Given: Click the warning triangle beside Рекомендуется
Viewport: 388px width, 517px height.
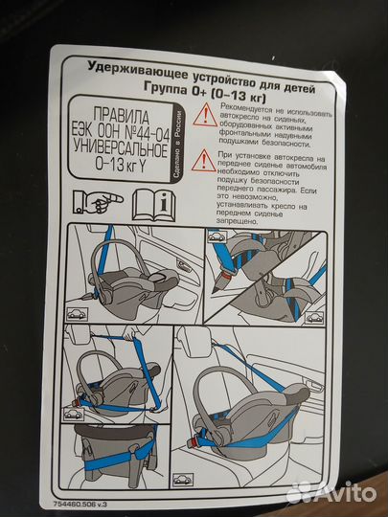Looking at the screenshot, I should tap(204, 117).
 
